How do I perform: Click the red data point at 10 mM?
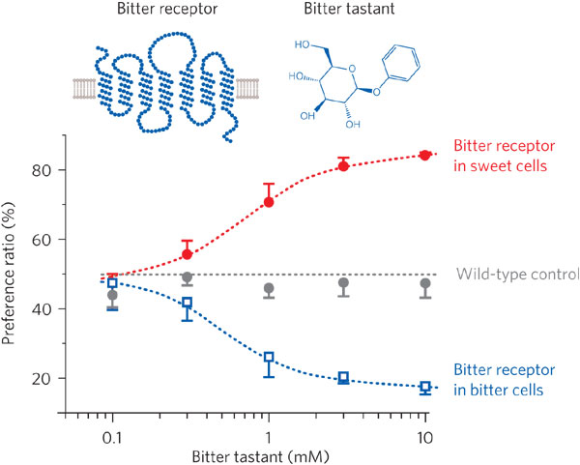point(424,155)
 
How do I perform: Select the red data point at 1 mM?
point(269,202)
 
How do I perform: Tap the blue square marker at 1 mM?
point(269,357)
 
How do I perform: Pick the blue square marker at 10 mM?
point(424,387)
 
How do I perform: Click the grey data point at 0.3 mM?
point(188,277)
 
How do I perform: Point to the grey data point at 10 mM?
point(424,283)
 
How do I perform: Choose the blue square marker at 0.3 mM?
point(188,303)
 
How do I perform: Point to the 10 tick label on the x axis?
point(424,437)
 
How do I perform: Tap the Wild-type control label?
point(516,274)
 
